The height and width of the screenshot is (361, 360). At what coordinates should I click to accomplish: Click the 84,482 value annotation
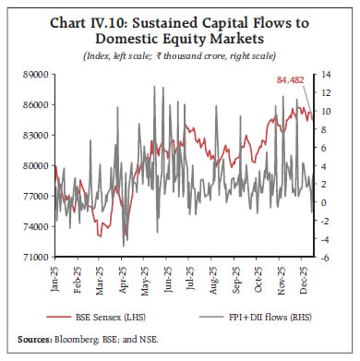point(293,81)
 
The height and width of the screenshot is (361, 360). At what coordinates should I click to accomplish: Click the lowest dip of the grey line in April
point(124,244)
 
